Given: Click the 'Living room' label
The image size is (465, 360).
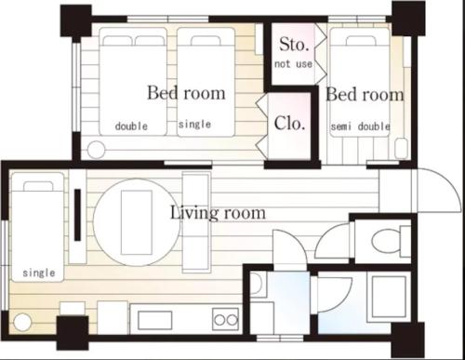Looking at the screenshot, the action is tap(218, 213).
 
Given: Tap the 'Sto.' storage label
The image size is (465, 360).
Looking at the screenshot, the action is tap(294, 45).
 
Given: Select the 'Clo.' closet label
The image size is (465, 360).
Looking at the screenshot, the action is tap(289, 123).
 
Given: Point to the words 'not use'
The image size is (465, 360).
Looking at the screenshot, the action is tap(293, 64).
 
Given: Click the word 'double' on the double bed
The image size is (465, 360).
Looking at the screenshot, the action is tap(131, 127).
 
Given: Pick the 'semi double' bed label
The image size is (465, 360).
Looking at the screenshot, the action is tap(361, 127).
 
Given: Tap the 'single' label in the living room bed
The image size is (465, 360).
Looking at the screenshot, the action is tap(39, 273).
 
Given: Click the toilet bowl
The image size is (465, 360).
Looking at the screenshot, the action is tap(386, 242).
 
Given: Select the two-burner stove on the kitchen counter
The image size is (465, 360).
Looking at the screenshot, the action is tap(225, 319).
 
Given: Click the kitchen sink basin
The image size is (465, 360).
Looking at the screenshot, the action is tap(155, 320).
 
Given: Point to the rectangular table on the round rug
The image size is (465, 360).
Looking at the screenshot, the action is tap(137, 222).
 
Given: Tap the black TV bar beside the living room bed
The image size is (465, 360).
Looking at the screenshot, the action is tap(77, 215).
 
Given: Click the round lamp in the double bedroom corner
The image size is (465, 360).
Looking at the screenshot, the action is tap(96, 150).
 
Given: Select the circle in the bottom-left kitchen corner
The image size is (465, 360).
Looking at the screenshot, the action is tap(22, 322).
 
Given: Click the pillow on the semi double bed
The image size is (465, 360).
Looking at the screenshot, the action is tap(361, 41).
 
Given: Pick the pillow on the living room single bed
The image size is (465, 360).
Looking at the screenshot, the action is tap(38, 186).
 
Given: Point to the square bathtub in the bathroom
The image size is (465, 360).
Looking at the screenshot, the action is tap(389, 297).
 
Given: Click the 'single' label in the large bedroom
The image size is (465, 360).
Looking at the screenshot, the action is tap(194, 125).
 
